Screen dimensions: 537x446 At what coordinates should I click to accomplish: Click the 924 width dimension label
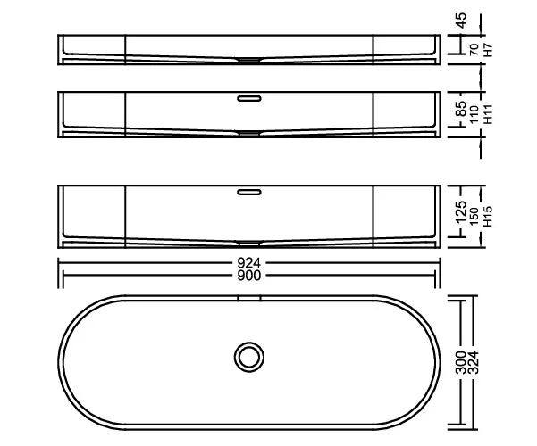(249, 263)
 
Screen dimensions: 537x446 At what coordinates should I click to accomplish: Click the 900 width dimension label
(249, 275)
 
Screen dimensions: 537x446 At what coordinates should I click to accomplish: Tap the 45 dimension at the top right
(462, 21)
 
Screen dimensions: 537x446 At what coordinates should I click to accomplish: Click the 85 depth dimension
(462, 109)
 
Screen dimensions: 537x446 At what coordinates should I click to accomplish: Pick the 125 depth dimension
(462, 212)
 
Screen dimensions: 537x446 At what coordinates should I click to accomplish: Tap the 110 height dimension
(474, 114)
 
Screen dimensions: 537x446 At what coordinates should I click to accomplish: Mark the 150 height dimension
(474, 216)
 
